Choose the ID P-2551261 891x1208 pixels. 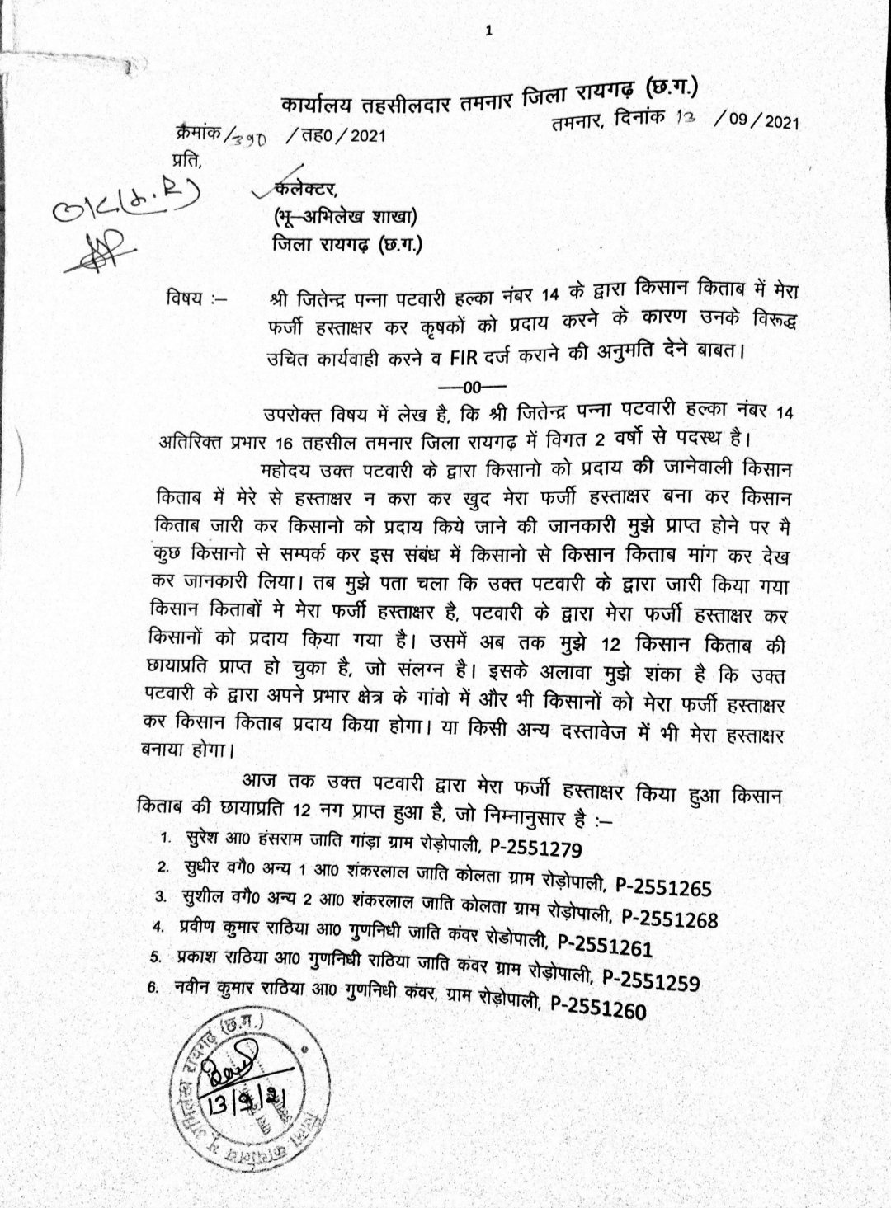(x=605, y=945)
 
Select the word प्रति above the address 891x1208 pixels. (x=185, y=157)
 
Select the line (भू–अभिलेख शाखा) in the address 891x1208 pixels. (x=345, y=218)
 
